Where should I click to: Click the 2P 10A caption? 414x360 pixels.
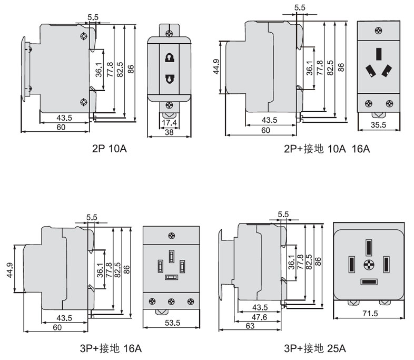point(109,149)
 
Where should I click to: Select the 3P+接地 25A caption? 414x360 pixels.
point(314,348)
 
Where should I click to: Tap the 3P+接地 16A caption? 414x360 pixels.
point(109,348)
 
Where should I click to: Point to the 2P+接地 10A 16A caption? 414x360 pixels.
point(327,149)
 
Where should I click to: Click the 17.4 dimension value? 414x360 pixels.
point(169,123)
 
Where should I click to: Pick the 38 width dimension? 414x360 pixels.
point(169,133)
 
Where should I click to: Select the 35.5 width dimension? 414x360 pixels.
point(379,125)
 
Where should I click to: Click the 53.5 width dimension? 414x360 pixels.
point(172,322)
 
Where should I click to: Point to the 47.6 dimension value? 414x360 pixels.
point(260,317)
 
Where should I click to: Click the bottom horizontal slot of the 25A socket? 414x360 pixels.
point(368,282)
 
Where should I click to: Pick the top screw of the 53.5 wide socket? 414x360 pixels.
point(172,236)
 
